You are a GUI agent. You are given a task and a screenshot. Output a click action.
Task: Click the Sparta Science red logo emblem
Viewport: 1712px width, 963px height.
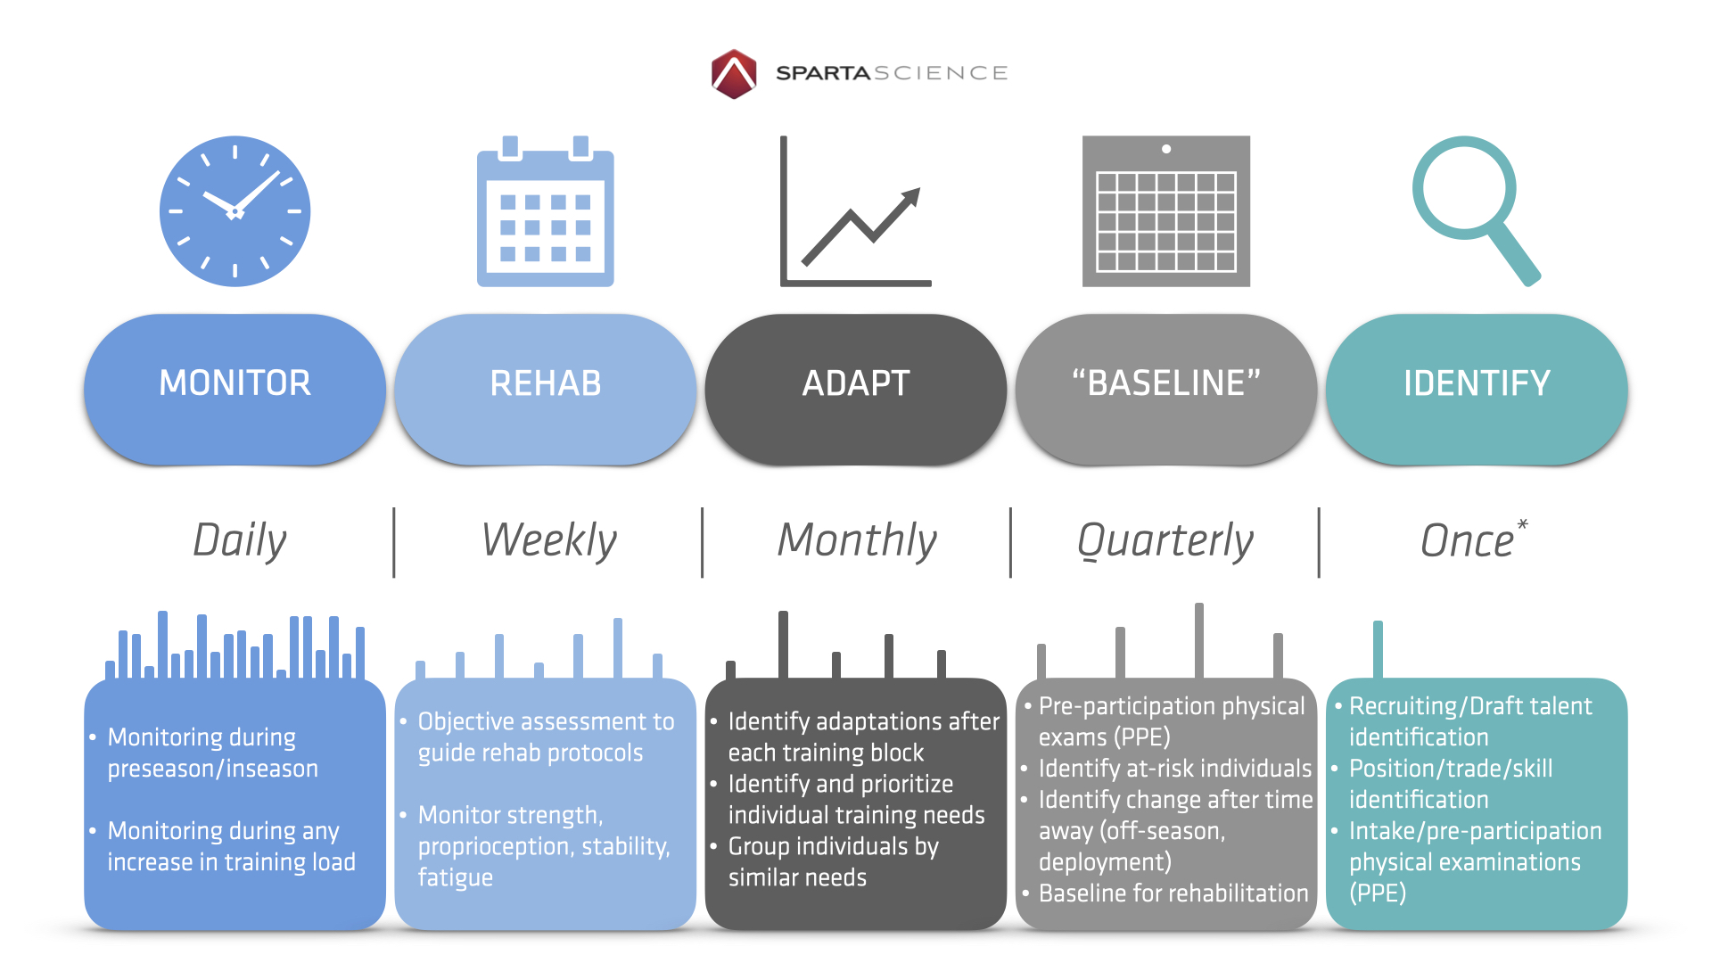734,73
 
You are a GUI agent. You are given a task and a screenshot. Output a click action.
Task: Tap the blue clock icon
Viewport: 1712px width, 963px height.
235,211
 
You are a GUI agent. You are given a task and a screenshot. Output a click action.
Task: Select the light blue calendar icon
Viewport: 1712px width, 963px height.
546,211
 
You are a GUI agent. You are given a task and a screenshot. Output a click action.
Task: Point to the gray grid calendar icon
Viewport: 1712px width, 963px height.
1166,211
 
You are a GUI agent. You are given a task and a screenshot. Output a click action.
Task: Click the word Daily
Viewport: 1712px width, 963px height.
240,541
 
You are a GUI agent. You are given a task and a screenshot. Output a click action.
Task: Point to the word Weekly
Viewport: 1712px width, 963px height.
549,540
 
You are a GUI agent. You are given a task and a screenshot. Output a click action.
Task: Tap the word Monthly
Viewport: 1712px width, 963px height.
857,541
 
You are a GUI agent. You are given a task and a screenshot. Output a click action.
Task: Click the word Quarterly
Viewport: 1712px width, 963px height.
1165,541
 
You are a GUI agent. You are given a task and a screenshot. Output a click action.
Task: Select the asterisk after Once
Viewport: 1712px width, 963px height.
1522,524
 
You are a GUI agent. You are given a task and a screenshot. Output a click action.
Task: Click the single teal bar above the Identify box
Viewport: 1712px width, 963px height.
1378,650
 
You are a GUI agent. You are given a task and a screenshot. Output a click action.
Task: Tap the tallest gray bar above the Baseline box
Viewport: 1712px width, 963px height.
1199,641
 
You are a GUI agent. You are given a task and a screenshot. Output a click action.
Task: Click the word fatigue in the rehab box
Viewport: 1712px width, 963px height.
455,878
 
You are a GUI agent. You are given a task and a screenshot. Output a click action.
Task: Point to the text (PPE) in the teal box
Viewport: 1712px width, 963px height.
1378,893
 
